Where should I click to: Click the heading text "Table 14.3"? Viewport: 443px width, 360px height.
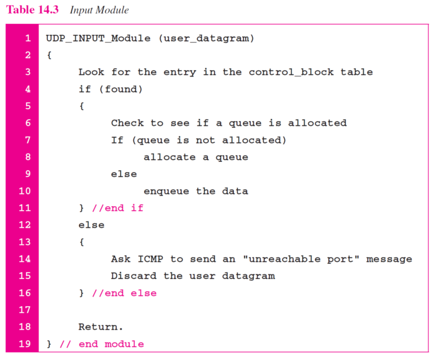pos(32,10)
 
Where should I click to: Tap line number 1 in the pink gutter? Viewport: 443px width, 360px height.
pos(28,39)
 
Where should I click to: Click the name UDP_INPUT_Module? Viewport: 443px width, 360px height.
pos(98,39)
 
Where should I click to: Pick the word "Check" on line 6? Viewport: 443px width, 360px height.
pos(127,123)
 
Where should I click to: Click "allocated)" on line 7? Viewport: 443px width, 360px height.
pos(254,140)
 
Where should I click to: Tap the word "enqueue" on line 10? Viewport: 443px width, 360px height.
pos(166,191)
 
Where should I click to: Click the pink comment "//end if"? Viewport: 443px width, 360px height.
pos(117,208)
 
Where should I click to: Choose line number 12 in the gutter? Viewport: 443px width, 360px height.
pos(25,225)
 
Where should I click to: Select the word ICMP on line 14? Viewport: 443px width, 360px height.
pos(150,259)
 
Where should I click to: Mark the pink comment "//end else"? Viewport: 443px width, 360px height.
pos(124,293)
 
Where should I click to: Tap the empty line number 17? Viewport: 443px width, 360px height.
pos(25,310)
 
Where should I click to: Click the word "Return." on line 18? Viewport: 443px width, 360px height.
pos(101,327)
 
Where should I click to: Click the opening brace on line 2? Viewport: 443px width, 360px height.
pos(49,56)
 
